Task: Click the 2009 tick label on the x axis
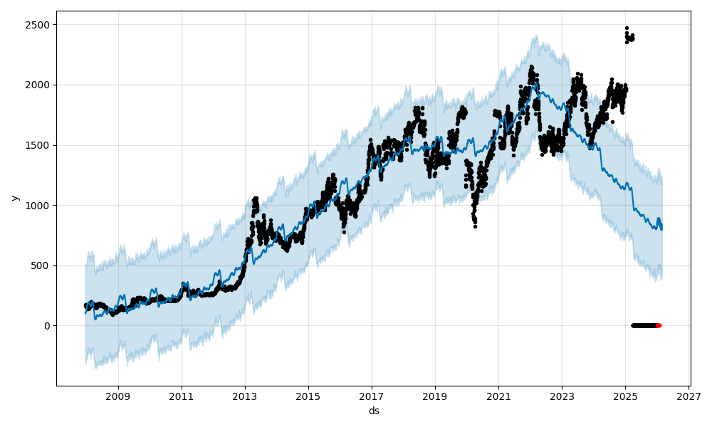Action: coord(118,396)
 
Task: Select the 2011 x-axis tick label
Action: coord(182,396)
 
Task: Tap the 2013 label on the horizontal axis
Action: coord(245,396)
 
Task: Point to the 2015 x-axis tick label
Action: coord(308,396)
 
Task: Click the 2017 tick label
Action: coord(372,396)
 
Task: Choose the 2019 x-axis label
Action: coord(435,396)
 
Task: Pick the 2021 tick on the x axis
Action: coord(498,396)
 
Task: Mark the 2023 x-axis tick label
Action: coord(562,396)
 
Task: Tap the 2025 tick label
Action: coord(625,396)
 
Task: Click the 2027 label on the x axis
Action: coord(689,396)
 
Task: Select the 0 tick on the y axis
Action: coord(47,326)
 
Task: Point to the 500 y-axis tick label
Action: coord(42,265)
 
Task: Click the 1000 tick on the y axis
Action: coord(39,206)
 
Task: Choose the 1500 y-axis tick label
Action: coord(39,145)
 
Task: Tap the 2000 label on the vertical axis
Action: coord(39,85)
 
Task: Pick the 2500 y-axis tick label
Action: coord(39,25)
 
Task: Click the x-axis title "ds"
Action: coord(374,411)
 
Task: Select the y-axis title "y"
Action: coord(15,198)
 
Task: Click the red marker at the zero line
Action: coord(658,325)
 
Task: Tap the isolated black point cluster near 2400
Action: coord(629,37)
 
